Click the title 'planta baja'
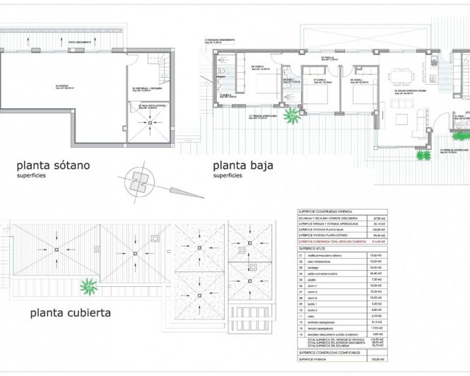click(x=243, y=166)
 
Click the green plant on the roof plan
click(x=89, y=287)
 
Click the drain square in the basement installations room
click(x=151, y=123)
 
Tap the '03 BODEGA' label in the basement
click(x=52, y=87)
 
